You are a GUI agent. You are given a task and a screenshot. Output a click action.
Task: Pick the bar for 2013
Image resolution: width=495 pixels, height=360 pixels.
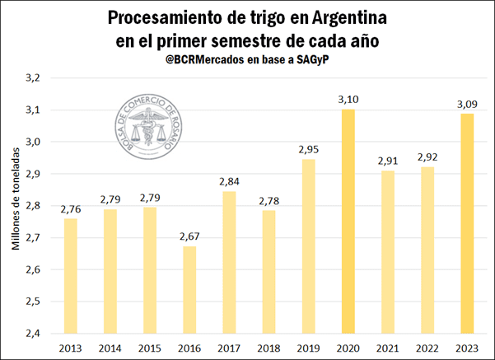point(71,275)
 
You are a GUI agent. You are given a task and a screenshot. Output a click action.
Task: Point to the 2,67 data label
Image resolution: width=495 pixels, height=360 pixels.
point(189,237)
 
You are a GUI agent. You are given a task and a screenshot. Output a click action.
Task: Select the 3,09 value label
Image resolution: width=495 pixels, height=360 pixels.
point(467,104)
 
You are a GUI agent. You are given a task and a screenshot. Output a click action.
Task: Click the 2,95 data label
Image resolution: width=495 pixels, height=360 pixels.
point(309,149)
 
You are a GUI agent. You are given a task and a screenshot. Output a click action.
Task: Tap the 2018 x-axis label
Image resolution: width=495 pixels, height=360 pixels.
point(269,347)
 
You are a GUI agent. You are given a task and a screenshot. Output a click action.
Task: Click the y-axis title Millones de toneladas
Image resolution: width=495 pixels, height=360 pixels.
point(15,206)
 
